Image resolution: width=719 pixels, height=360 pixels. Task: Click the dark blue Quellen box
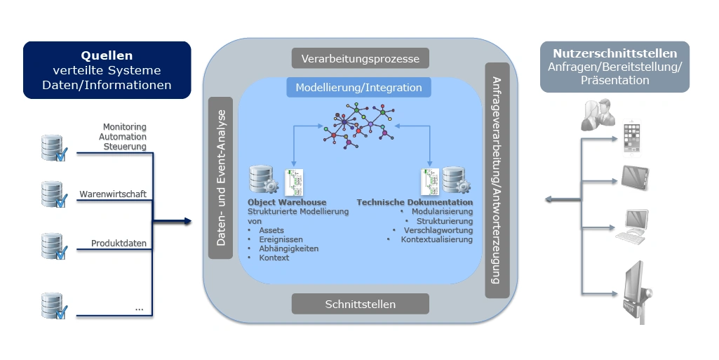(107, 69)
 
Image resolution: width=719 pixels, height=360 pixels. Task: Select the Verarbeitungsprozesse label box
(360, 58)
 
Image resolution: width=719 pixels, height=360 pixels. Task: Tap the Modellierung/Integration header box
(358, 88)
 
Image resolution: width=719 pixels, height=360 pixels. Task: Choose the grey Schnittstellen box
(360, 304)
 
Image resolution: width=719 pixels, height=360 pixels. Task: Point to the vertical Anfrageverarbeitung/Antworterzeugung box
(496, 180)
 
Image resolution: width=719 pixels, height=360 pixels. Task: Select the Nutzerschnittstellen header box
(614, 67)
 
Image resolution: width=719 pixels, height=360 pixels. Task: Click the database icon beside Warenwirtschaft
(53, 194)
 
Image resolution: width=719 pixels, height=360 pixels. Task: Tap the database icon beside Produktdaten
(53, 246)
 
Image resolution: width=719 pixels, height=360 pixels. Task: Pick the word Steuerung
(125, 147)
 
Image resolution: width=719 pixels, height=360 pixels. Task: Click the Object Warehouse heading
(287, 203)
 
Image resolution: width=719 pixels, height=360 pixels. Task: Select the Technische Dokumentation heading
(415, 203)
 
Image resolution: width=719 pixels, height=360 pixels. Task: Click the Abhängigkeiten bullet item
(288, 248)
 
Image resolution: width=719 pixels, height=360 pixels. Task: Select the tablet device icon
(635, 178)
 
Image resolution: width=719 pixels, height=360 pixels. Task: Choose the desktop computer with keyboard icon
(631, 226)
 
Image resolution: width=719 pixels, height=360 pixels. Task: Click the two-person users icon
(598, 115)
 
